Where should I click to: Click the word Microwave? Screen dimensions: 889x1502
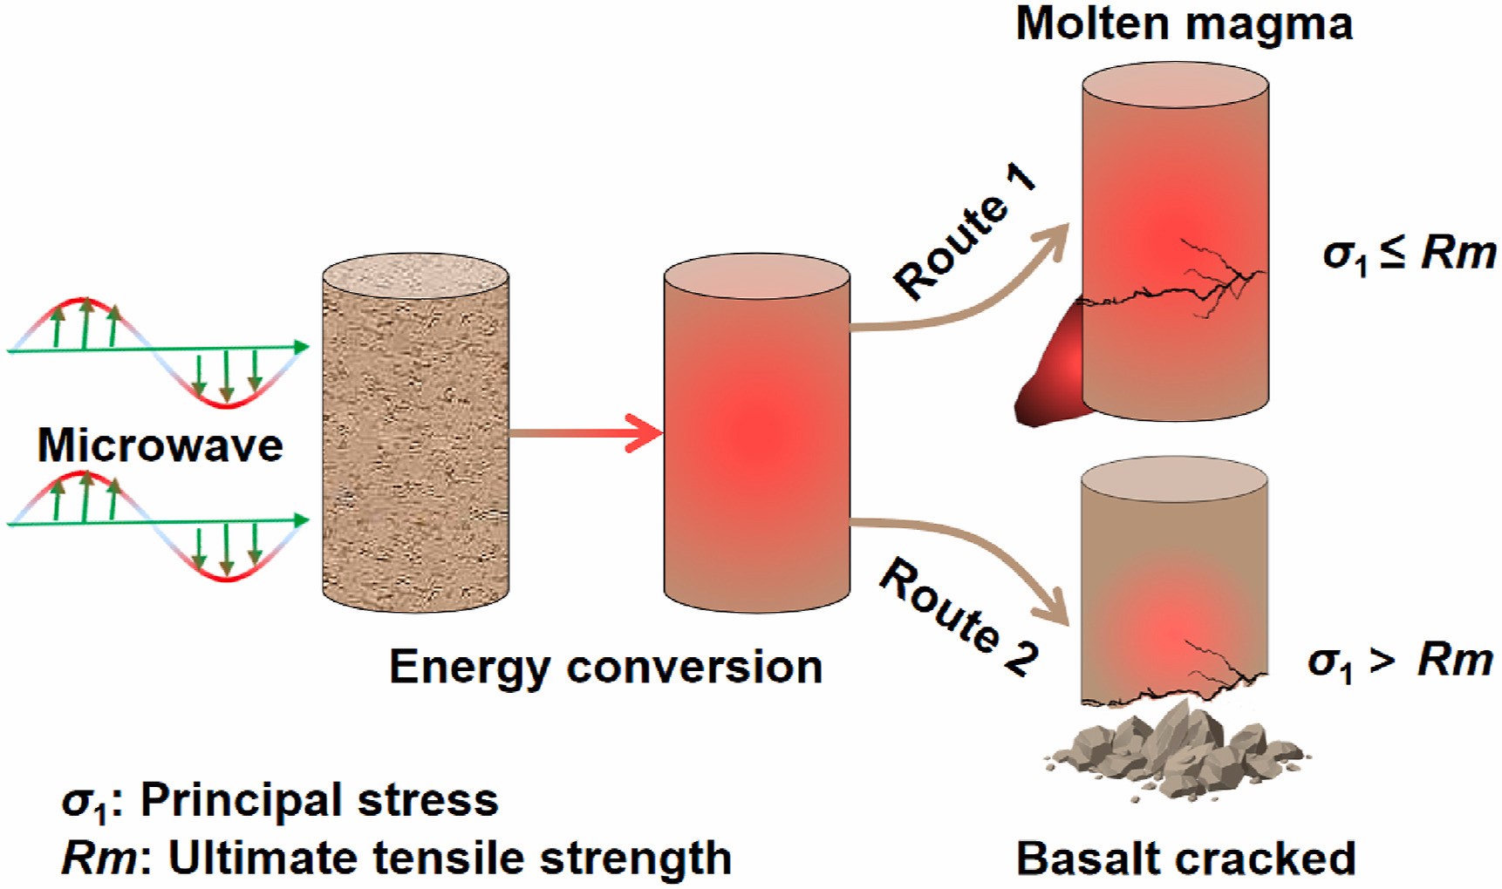tap(160, 445)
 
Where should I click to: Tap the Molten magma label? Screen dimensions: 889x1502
tap(1184, 24)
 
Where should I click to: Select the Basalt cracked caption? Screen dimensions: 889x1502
tap(1185, 858)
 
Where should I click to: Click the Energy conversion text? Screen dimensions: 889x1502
tap(605, 668)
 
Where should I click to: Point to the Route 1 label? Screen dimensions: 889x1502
tap(965, 232)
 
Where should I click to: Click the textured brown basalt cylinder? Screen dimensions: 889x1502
tap(415, 436)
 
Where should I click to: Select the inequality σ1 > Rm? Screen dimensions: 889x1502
tap(1400, 662)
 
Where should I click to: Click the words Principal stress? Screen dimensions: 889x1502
tap(319, 800)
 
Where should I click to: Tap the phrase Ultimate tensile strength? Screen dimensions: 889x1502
tap(449, 858)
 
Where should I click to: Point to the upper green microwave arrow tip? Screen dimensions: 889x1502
tap(301, 348)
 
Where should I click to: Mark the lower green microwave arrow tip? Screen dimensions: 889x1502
tap(301, 521)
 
